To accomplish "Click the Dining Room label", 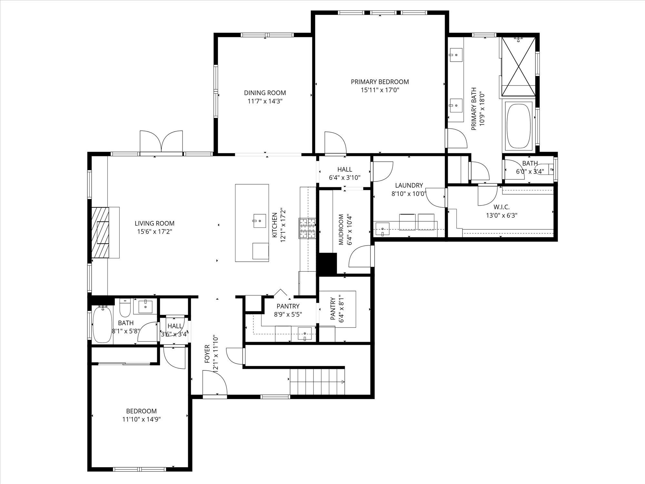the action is click(265, 93).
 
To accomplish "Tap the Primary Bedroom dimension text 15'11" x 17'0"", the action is click(380, 90).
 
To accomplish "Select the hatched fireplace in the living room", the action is click(101, 232).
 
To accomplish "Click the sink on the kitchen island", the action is click(259, 220).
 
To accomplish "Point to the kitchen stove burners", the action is click(308, 228).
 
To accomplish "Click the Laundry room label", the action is click(409, 185).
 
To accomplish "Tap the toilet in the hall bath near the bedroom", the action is click(124, 308).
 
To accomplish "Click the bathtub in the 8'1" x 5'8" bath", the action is click(102, 324).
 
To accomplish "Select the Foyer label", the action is click(207, 353).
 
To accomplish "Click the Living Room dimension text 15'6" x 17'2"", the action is click(154, 231).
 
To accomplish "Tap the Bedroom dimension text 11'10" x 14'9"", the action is click(142, 419).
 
